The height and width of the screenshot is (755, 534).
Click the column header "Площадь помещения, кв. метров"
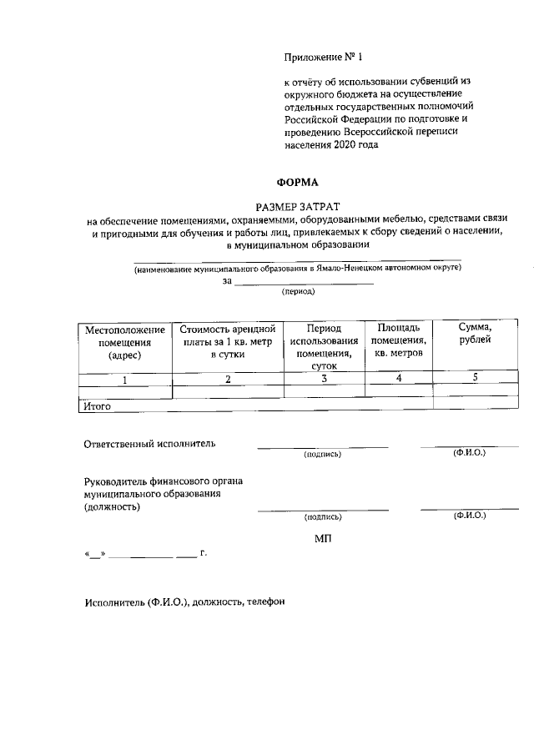pos(399,340)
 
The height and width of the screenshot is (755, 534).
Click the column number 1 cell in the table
pos(124,379)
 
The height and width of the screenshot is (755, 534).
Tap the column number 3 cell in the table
pos(324,379)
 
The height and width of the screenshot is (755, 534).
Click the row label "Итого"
pos(97,407)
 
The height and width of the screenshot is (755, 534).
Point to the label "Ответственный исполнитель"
pos(150,443)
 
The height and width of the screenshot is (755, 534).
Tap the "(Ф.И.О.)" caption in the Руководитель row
pos(469,516)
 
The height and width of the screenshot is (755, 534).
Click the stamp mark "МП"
pos(324,540)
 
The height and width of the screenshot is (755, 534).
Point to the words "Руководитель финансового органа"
pos(164,481)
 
